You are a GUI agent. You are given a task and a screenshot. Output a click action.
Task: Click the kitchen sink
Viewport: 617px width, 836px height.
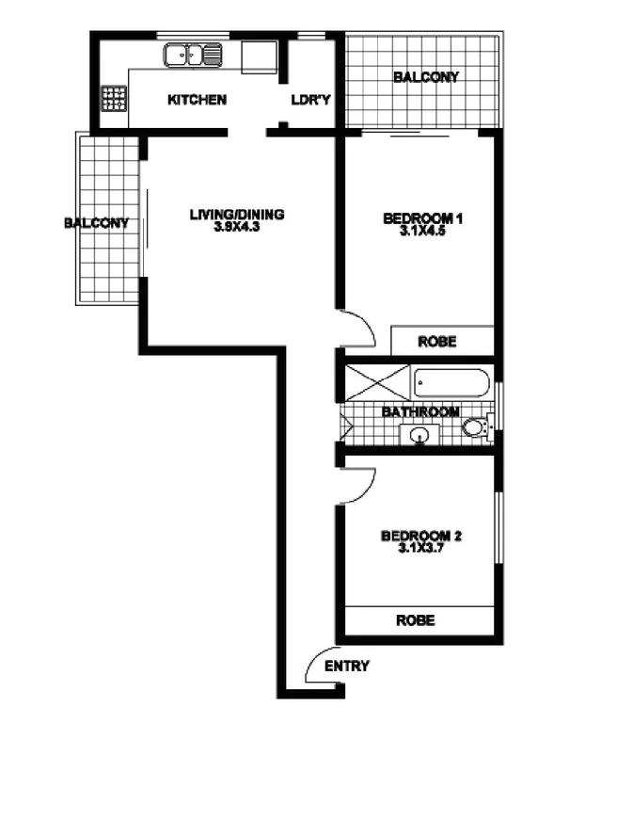click(193, 56)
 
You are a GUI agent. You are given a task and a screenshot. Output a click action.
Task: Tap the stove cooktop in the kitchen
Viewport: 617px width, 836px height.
click(114, 98)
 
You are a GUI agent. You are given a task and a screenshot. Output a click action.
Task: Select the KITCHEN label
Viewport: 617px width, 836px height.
click(196, 100)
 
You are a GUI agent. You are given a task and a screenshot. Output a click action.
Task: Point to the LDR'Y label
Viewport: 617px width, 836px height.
click(311, 100)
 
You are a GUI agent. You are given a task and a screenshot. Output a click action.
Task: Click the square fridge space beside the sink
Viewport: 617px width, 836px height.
click(259, 56)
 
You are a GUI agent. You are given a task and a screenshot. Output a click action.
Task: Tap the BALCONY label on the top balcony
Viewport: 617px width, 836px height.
click(426, 77)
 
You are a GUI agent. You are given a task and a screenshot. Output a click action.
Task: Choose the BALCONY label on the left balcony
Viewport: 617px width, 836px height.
click(96, 223)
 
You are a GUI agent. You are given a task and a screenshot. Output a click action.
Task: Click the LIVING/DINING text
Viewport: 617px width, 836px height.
click(237, 215)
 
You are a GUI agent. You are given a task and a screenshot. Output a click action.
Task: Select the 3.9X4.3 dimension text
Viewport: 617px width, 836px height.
click(237, 228)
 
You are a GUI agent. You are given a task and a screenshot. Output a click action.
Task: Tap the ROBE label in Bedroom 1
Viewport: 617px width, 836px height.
click(436, 342)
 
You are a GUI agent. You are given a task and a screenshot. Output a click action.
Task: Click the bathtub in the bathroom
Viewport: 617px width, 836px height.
click(452, 383)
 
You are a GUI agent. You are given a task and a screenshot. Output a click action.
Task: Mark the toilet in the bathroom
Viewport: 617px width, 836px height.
click(478, 428)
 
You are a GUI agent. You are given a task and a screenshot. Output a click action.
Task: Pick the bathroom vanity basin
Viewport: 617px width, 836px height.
click(419, 435)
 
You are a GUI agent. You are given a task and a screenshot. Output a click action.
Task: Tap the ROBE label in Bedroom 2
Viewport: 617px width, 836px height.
click(415, 620)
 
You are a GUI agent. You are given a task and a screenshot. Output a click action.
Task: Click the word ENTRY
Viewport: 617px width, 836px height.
click(347, 667)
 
